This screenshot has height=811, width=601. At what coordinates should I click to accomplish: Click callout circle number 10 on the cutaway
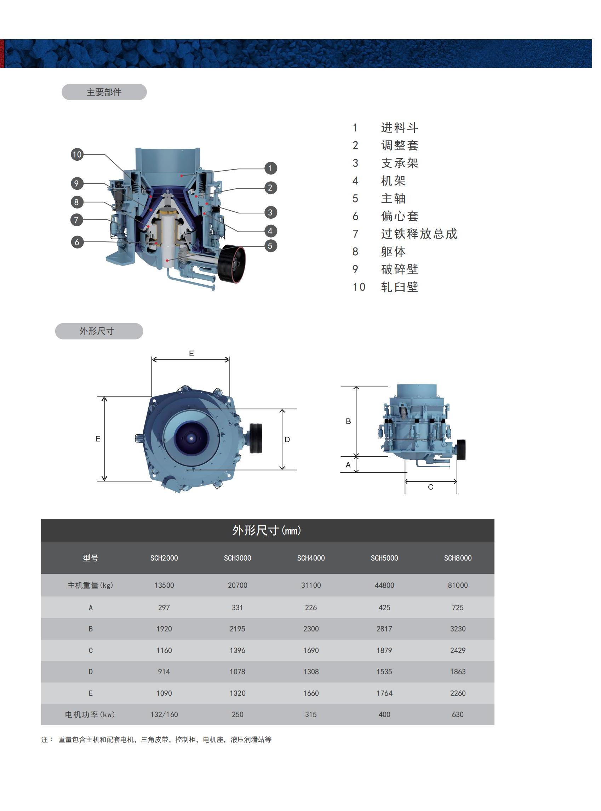(77, 154)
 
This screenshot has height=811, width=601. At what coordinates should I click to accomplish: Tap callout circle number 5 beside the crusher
(270, 246)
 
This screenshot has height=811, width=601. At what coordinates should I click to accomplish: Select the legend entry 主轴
(393, 198)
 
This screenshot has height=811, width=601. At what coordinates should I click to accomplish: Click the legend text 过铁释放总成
(419, 234)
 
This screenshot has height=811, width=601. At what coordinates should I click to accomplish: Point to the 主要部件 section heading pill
(104, 92)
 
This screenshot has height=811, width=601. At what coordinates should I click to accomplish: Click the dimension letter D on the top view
(287, 440)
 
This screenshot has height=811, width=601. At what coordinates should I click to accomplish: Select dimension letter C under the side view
(430, 487)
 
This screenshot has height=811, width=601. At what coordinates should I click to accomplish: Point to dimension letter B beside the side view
(348, 421)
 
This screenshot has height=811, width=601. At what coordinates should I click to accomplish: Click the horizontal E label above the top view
(191, 353)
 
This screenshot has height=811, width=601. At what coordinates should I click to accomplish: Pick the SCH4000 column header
(311, 558)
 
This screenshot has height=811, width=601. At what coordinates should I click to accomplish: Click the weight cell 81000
(457, 585)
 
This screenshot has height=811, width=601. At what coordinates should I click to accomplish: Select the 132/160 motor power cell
(164, 714)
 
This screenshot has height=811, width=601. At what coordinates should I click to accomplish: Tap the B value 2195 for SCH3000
(237, 629)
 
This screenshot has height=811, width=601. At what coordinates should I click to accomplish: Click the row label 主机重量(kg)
(90, 585)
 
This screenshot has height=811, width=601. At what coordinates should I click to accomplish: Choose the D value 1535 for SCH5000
(384, 672)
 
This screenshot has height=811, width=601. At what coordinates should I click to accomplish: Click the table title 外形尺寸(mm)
(267, 531)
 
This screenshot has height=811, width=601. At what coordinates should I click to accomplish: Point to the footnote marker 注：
(47, 740)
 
